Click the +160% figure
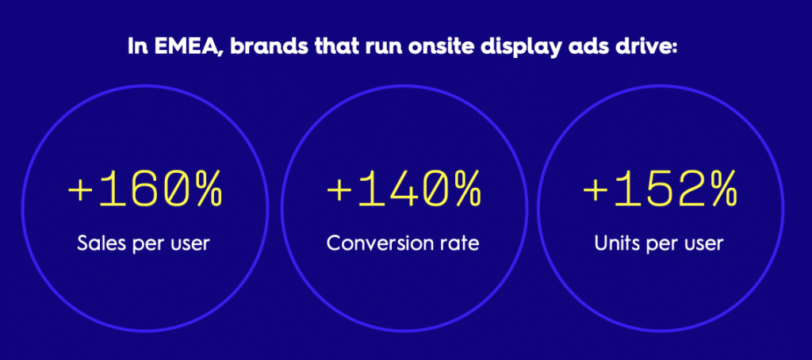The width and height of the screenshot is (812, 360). click(x=145, y=190)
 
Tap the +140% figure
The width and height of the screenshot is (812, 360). click(x=404, y=190)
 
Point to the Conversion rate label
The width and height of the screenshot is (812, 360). click(x=402, y=243)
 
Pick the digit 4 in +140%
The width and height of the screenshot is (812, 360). click(x=403, y=190)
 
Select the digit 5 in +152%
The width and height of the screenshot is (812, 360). click(x=661, y=190)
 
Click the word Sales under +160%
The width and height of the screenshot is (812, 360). click(x=99, y=243)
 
